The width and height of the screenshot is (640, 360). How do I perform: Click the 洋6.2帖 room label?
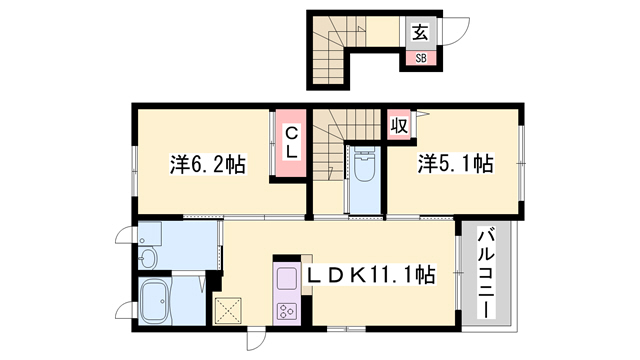(x=209, y=164)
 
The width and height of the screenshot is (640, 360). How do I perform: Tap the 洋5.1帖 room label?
(x=455, y=164)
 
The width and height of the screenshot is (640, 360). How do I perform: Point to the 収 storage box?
(x=398, y=126)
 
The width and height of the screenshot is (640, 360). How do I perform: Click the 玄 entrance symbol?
(x=419, y=32)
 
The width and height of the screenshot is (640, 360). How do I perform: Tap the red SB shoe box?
(x=419, y=57)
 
